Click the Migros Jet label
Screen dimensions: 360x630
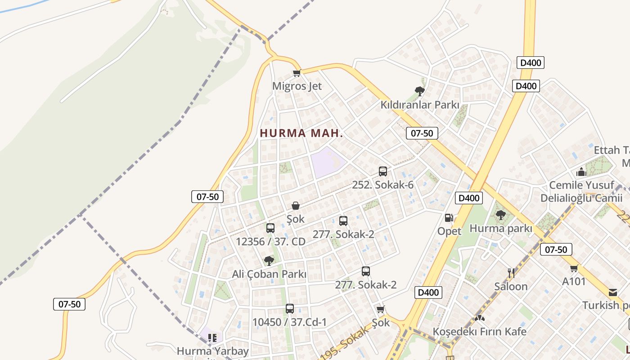(297, 86)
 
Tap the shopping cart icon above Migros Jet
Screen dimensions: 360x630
(297, 73)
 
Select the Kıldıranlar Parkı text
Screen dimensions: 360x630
(420, 105)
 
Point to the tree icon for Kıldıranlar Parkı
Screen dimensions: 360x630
(420, 91)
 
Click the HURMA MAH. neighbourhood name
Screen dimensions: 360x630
(301, 133)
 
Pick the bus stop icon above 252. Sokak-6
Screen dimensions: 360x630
(383, 171)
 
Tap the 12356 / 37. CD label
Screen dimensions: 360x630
(270, 242)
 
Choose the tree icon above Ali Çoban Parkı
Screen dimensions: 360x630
(269, 261)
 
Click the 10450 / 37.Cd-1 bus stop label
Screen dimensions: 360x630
(289, 322)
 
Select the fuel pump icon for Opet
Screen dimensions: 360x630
(449, 218)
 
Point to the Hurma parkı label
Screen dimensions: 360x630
(501, 229)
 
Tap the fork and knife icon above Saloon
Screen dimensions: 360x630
(511, 273)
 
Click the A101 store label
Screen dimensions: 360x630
(574, 282)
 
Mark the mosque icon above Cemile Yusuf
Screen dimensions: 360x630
(581, 172)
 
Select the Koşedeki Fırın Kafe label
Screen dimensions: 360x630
(479, 332)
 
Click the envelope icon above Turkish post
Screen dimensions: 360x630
(612, 292)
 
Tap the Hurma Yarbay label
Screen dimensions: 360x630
(212, 351)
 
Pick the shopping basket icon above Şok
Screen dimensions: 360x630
(296, 206)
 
